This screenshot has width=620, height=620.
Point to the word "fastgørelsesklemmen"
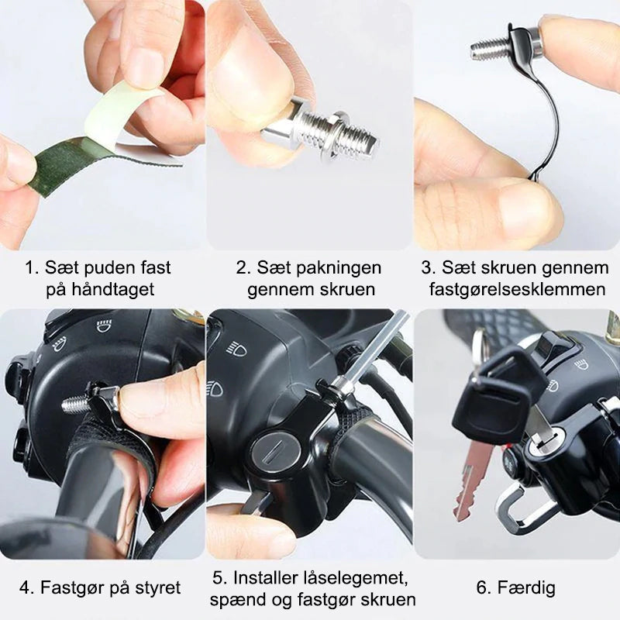pos(518,289)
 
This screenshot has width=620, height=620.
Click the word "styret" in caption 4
pos(158,588)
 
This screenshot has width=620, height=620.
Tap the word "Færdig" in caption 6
pos(526,587)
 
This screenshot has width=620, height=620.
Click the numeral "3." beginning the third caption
pos(429,267)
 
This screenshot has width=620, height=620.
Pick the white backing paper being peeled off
pos(115,115)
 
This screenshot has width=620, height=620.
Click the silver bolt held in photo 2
pos(319,129)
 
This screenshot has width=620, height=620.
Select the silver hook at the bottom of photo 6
pos(522,509)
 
